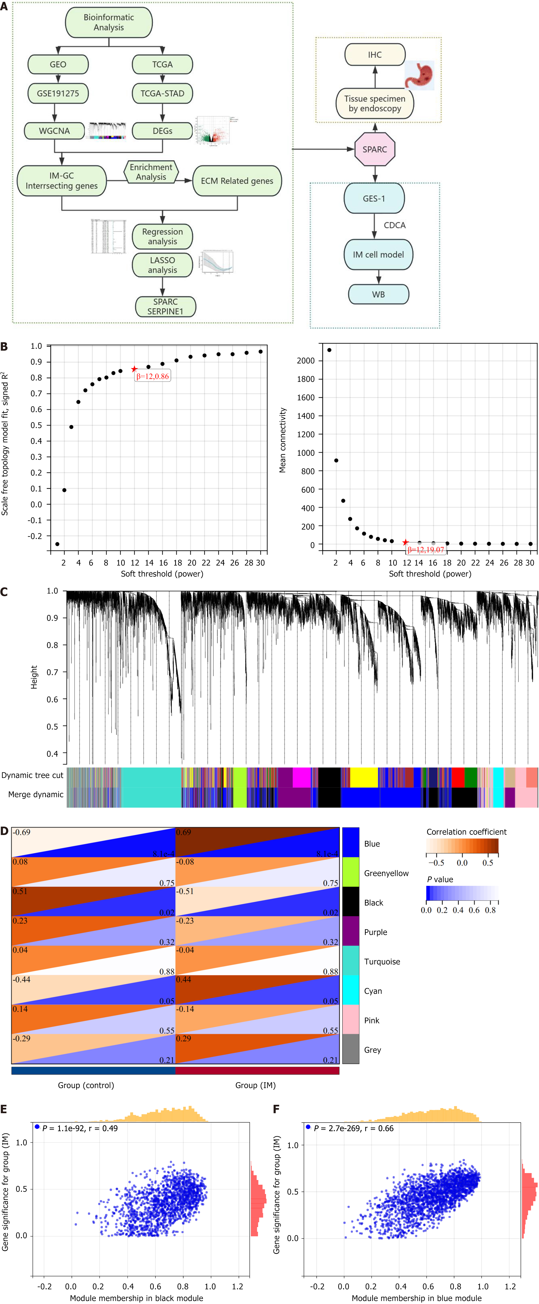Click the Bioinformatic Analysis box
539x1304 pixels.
[x=109, y=22]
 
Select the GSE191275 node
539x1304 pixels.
[x=58, y=93]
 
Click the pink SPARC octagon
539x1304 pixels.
[x=375, y=149]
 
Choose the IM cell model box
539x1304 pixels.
[x=378, y=255]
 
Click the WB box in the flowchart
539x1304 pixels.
[x=378, y=294]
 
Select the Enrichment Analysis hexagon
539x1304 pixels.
[x=151, y=172]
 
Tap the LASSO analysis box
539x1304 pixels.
[x=162, y=265]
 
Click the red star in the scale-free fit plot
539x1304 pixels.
[x=134, y=369]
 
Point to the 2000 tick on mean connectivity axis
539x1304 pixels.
[x=306, y=360]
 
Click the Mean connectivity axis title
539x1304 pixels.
[x=283, y=440]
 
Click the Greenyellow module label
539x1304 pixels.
[x=386, y=873]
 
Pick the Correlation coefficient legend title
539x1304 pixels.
[x=466, y=832]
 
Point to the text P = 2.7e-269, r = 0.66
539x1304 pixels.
[x=353, y=1128]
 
